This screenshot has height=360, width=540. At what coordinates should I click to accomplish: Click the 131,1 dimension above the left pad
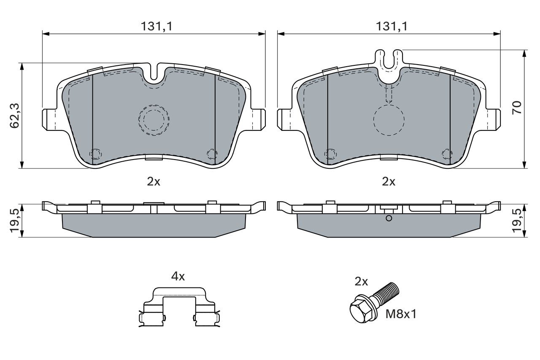157,26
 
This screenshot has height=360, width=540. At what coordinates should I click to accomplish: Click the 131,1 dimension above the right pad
392,26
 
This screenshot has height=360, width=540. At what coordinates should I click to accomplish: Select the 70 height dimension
517,108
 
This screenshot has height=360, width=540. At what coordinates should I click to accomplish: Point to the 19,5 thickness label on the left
14,221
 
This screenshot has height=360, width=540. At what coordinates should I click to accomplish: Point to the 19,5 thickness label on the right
517,221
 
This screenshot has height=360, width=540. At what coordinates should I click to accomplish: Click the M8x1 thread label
401,314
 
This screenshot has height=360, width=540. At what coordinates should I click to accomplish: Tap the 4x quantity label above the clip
178,276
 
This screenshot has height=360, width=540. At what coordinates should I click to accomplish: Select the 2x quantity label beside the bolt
361,282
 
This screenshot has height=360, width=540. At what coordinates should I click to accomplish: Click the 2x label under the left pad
154,181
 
